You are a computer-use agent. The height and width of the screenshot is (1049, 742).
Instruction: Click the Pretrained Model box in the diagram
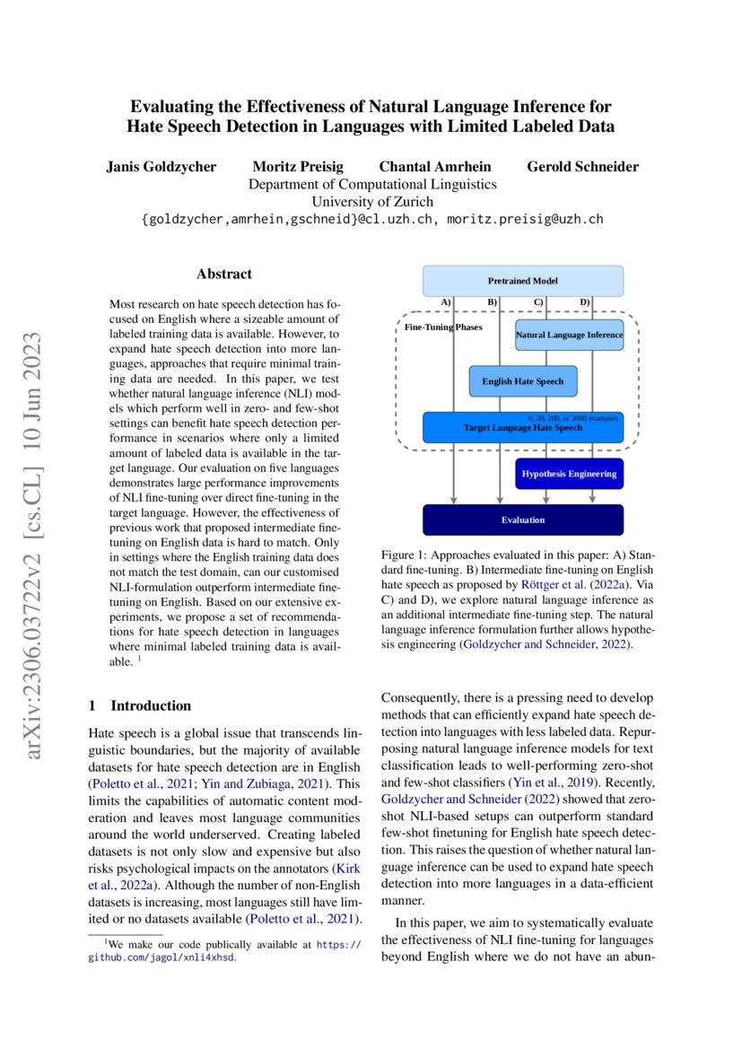click(522, 281)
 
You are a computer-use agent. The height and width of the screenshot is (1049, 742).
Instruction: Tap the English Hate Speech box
click(523, 381)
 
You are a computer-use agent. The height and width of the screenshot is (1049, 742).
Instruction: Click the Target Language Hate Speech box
click(522, 428)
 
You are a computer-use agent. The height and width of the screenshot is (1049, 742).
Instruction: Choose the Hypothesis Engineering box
click(569, 473)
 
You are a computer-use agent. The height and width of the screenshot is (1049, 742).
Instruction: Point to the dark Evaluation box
click(522, 520)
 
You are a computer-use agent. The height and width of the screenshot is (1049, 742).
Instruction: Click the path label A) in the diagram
click(446, 302)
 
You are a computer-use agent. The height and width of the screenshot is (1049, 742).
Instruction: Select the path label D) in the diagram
click(584, 302)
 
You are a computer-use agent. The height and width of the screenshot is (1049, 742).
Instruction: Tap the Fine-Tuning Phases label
click(442, 327)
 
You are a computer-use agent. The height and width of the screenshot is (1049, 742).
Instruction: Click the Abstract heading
click(224, 274)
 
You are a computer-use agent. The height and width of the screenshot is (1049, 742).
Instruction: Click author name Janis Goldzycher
click(161, 167)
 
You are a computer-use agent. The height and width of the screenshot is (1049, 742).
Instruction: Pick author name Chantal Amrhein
click(434, 167)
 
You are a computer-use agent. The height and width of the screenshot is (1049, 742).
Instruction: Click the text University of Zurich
click(371, 202)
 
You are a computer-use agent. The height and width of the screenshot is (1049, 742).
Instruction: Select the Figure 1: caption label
click(407, 556)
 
